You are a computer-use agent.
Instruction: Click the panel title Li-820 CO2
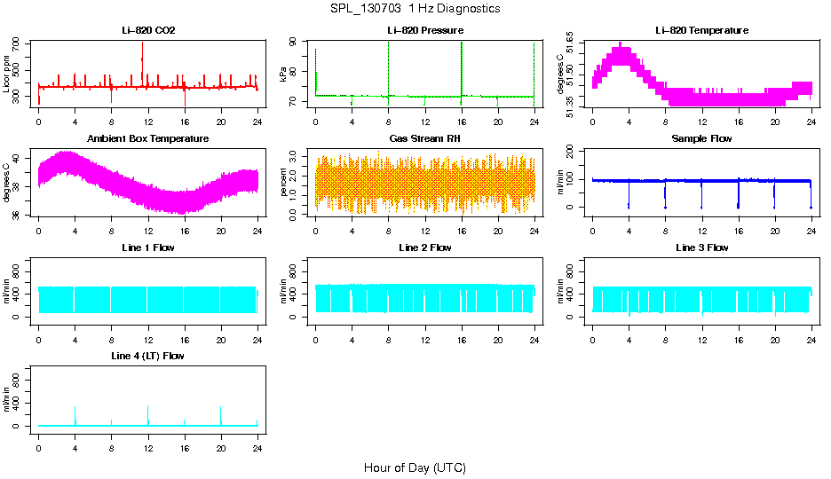point(148,31)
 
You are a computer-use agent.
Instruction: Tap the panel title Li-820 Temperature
point(701,31)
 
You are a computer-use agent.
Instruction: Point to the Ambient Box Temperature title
point(148,139)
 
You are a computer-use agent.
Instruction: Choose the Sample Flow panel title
point(701,139)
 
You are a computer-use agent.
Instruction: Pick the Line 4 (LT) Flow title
point(148,356)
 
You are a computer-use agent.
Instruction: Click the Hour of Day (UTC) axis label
point(415,467)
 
